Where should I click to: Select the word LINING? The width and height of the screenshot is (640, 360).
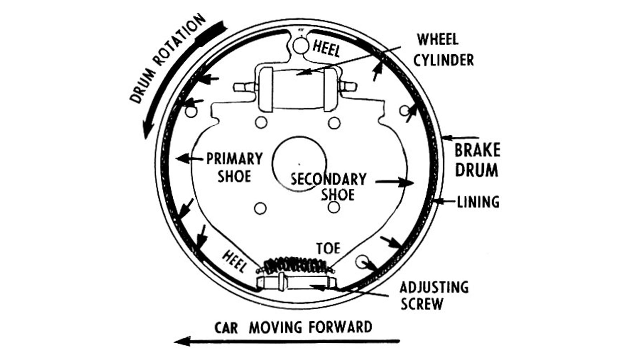(478, 202)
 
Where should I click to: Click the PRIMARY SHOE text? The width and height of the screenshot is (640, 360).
(234, 167)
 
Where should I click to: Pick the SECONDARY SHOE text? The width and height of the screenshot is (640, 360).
(328, 186)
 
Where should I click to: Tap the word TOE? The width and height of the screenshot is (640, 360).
(328, 248)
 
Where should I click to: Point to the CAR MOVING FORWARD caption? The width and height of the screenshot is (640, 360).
(293, 327)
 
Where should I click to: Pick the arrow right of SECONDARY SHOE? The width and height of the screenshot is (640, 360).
(394, 182)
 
